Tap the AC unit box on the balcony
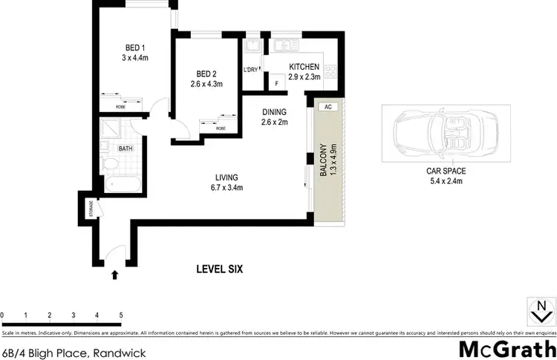pyautogui.click(x=328, y=107)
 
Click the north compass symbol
pyautogui.click(x=541, y=310)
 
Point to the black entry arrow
pyautogui.click(x=114, y=275)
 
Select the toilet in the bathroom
pyautogui.click(x=108, y=161)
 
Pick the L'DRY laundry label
pyautogui.click(x=251, y=71)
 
